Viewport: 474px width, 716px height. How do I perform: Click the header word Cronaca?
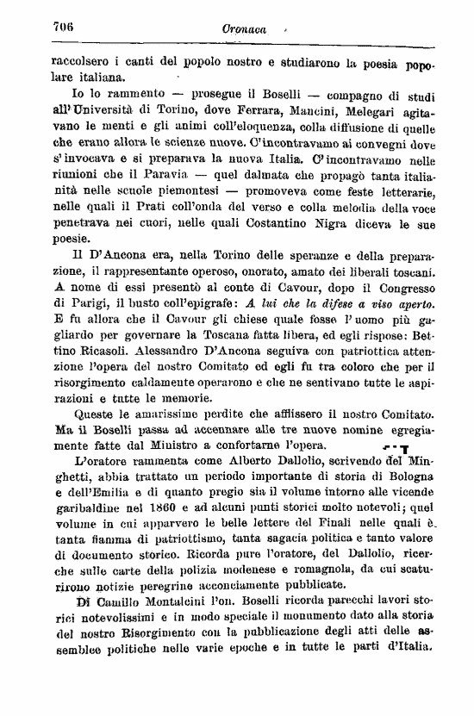pyautogui.click(x=243, y=28)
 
